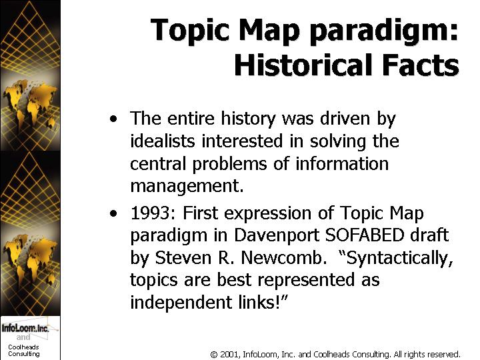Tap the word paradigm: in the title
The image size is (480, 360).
click(384, 31)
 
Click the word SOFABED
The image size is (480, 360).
click(365, 235)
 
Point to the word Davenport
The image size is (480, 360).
click(277, 236)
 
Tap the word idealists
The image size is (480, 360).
click(163, 141)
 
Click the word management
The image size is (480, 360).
click(187, 186)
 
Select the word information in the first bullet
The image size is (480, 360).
click(342, 163)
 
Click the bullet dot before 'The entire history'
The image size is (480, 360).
click(113, 119)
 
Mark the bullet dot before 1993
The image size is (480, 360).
click(113, 213)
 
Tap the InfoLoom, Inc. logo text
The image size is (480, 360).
click(25, 328)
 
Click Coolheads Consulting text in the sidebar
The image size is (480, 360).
click(23, 351)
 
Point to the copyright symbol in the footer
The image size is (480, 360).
click(214, 355)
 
